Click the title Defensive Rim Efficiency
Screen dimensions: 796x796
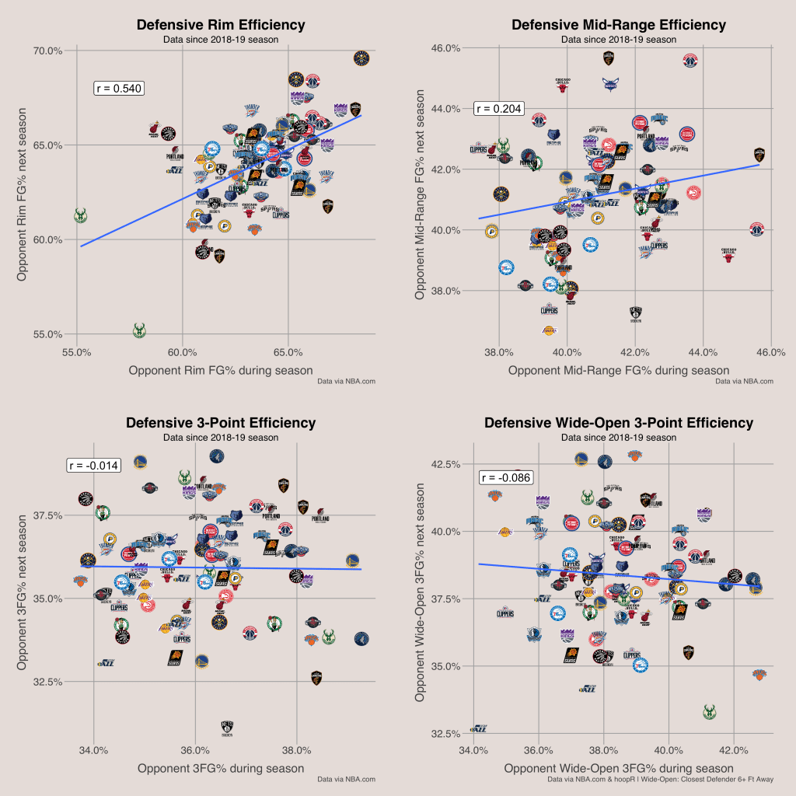pos(221,25)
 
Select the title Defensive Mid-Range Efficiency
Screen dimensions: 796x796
pos(619,25)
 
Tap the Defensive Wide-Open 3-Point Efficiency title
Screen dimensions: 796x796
pos(619,423)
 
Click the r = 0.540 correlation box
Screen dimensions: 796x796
pos(118,89)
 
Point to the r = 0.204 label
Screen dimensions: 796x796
pos(499,109)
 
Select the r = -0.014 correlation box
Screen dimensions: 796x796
pos(94,466)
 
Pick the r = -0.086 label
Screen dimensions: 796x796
pos(504,477)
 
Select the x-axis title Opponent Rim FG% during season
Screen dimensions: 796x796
pos(221,371)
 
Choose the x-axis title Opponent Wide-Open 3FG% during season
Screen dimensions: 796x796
pos(619,768)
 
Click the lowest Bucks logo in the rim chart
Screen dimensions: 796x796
pos(140,330)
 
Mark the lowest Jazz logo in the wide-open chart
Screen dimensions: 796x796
pos(479,728)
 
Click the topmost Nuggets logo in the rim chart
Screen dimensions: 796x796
pos(361,58)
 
